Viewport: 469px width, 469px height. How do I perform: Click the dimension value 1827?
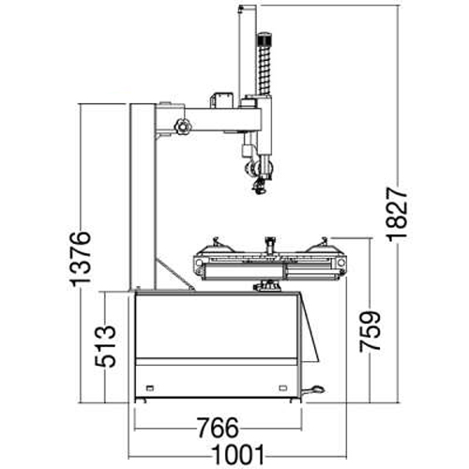tap(398, 214)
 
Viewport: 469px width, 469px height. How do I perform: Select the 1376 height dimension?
tap(81, 259)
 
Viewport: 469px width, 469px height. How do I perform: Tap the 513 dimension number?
tap(105, 346)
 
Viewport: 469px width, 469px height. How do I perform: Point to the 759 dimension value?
tap(370, 331)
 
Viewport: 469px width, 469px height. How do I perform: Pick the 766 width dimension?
tap(218, 428)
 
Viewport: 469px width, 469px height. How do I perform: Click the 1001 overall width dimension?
tap(238, 455)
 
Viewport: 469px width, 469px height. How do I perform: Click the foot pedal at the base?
tap(313, 390)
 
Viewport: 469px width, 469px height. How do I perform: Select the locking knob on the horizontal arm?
tap(183, 127)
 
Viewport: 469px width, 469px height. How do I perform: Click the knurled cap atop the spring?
tap(264, 38)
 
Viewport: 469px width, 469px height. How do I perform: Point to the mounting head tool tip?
tap(260, 187)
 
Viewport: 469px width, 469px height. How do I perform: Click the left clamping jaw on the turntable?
tap(216, 246)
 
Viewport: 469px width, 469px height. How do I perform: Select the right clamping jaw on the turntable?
tap(323, 246)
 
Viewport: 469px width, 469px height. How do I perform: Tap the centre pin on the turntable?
tap(269, 245)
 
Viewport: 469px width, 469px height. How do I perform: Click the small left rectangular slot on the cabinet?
tap(150, 388)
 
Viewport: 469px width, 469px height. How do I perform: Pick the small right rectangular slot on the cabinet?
tap(283, 388)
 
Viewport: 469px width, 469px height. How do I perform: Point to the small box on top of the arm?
tap(221, 100)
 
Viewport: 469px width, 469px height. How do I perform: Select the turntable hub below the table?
tap(267, 286)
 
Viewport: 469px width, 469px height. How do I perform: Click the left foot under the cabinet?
tap(140, 401)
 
